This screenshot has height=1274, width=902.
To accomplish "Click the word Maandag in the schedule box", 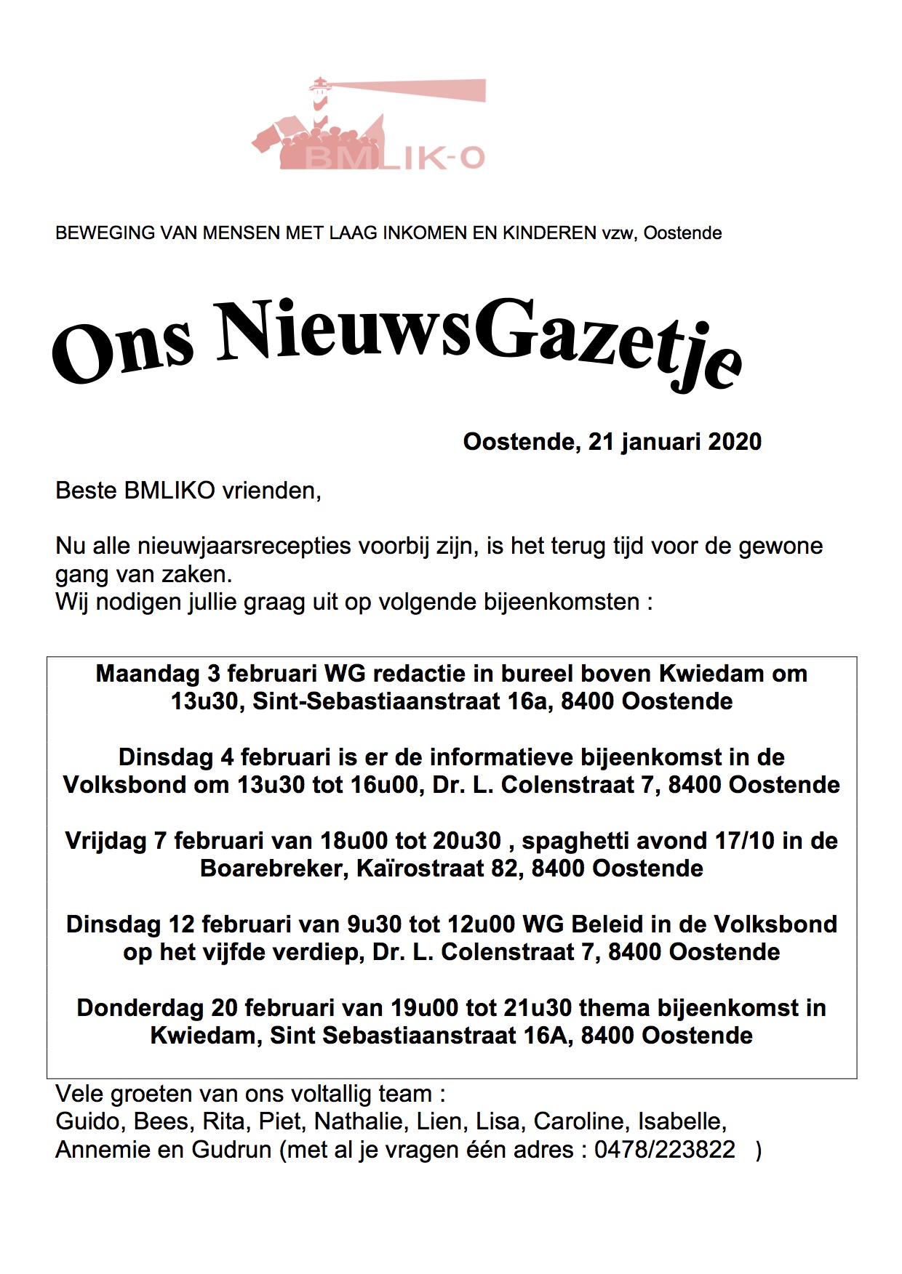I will point(148,674).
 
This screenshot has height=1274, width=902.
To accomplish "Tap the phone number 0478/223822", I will point(665,1150).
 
